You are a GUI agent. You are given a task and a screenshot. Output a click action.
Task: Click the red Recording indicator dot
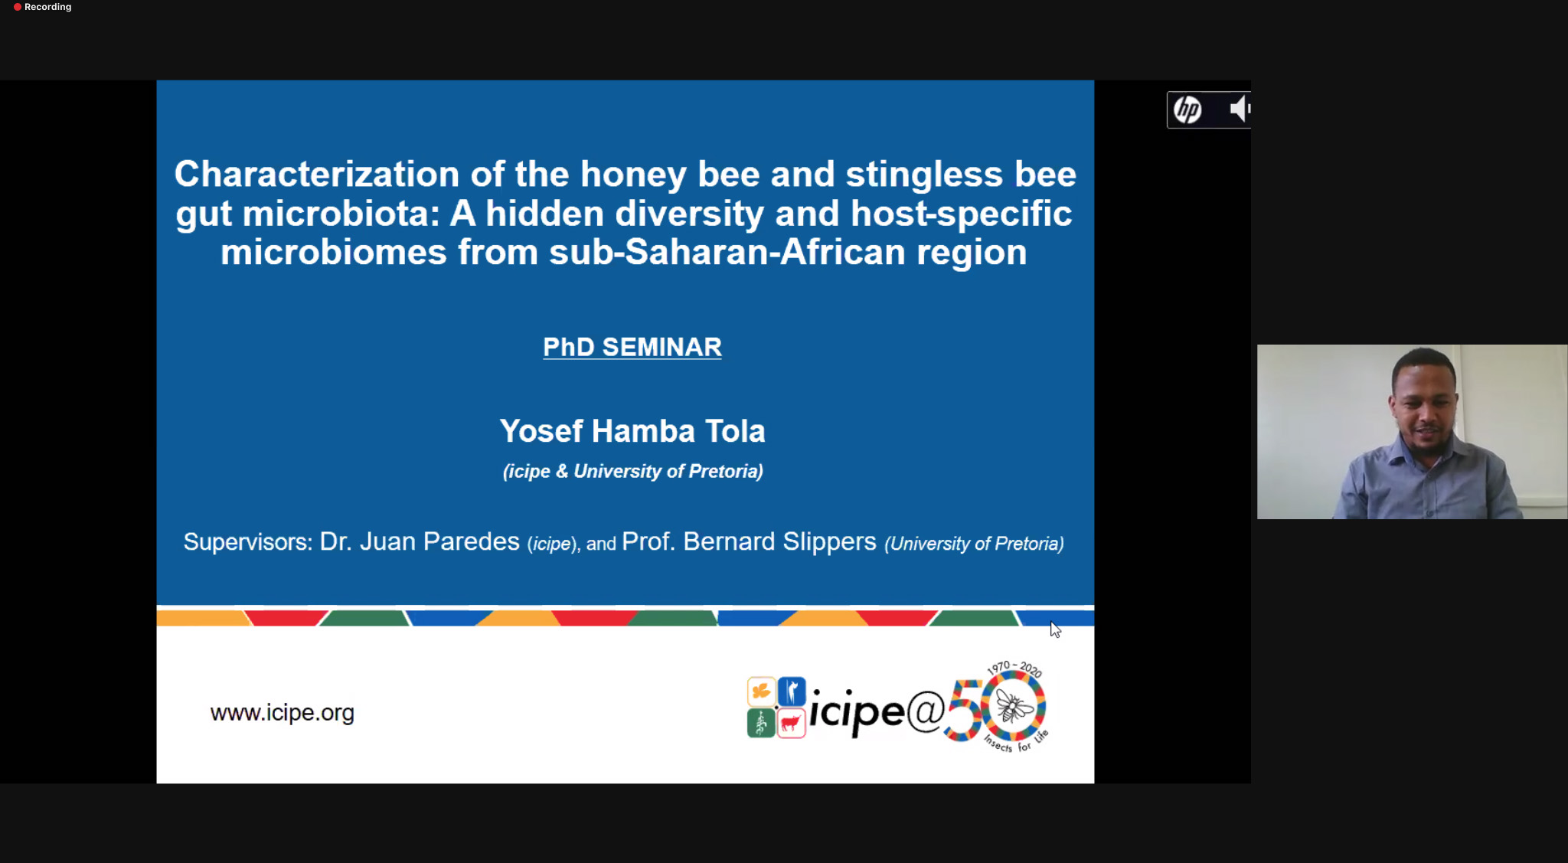tap(17, 7)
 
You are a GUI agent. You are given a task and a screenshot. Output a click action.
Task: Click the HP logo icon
tap(1187, 110)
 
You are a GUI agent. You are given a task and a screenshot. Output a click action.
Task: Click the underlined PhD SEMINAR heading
tap(632, 347)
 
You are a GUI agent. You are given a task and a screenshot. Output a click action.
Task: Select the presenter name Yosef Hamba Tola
tap(632, 431)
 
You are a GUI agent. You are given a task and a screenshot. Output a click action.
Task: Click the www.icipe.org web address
tap(282, 713)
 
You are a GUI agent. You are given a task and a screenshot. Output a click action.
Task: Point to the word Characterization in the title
tap(317, 174)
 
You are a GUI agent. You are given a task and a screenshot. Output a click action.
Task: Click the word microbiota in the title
tap(341, 214)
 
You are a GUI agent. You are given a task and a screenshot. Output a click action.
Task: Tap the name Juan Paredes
tap(439, 541)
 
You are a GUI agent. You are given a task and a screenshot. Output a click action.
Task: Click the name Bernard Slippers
tap(779, 541)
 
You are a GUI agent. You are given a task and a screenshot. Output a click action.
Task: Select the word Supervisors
tap(246, 542)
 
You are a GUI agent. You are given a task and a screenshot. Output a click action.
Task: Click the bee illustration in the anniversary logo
tap(1013, 705)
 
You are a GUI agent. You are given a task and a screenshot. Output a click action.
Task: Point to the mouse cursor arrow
tap(1054, 629)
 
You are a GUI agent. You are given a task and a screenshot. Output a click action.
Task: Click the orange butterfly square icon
tap(761, 691)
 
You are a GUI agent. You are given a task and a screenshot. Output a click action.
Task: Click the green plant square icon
tap(761, 723)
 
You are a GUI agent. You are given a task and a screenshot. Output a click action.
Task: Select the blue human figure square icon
tap(792, 691)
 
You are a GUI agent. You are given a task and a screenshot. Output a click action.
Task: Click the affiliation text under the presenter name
tap(632, 471)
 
